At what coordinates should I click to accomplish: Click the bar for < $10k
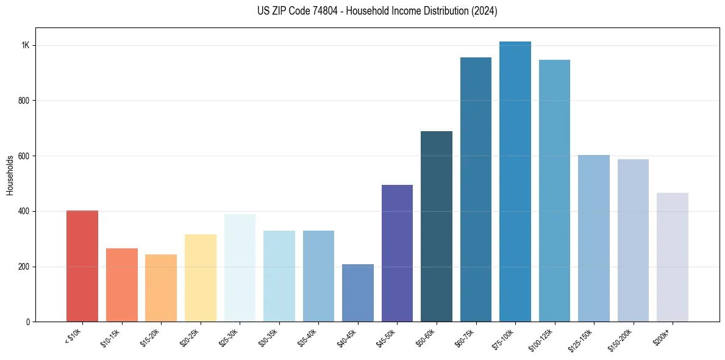tap(82, 266)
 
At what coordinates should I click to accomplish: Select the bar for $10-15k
tap(122, 285)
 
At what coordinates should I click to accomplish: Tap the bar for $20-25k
tap(201, 278)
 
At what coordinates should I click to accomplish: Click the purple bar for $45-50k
tap(397, 253)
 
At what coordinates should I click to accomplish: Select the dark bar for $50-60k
tap(437, 226)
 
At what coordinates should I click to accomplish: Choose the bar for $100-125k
tap(554, 190)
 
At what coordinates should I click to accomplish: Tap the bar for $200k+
tap(673, 257)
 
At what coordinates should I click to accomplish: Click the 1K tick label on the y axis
tap(25, 46)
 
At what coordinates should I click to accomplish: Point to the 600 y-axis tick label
tap(24, 156)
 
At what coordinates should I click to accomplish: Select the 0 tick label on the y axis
tap(28, 322)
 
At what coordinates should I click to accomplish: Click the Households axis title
tap(10, 175)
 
